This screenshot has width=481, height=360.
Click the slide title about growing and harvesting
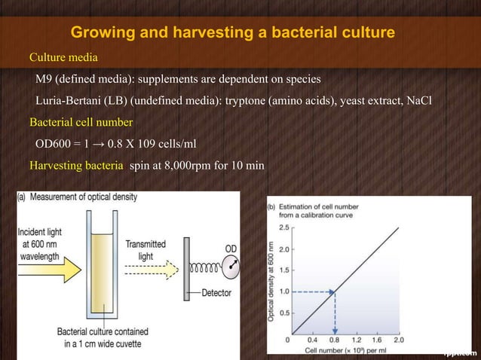[x=232, y=33]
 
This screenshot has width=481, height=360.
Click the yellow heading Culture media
[x=63, y=56]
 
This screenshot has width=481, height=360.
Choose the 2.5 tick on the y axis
[x=285, y=226]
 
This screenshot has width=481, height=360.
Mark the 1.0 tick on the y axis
[x=285, y=291]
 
